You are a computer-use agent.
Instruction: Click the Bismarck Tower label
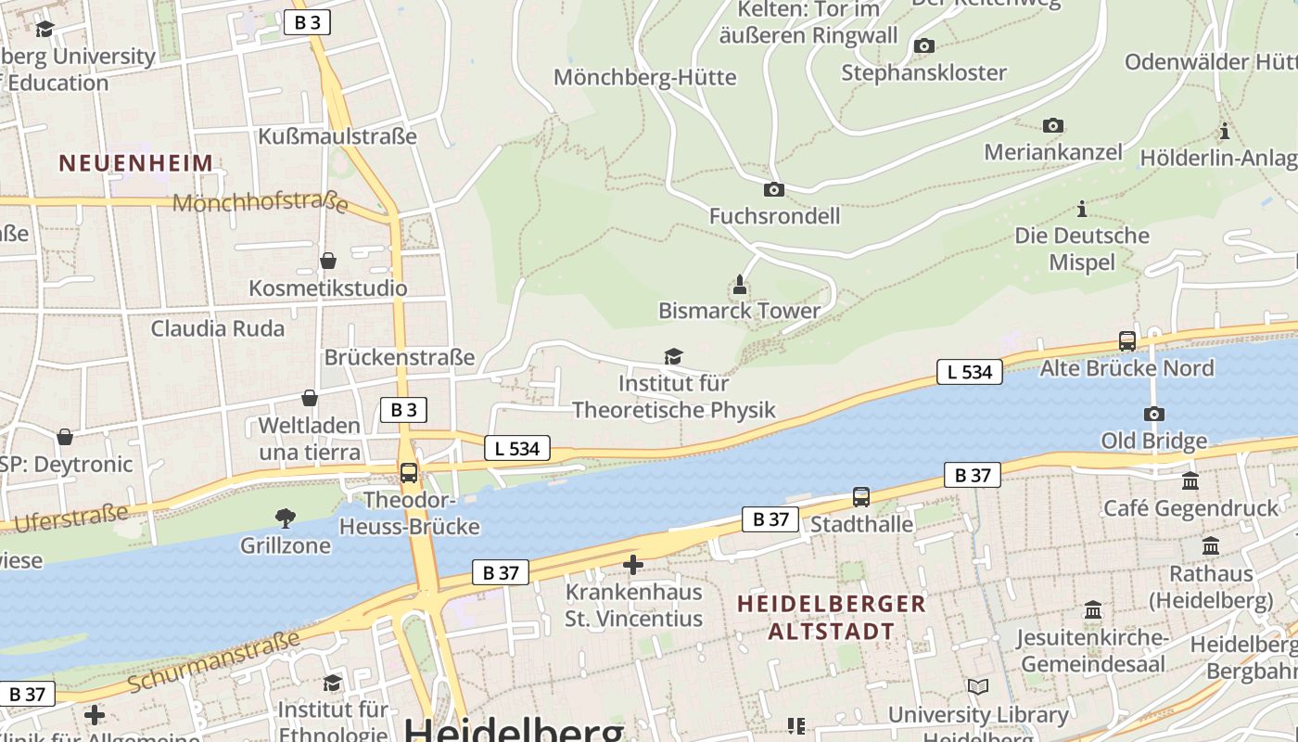coord(739,311)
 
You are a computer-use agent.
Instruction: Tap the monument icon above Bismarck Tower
coord(740,283)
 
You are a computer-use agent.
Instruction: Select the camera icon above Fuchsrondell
coord(773,189)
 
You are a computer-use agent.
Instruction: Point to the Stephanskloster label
coord(923,72)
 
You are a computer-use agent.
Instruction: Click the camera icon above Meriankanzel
coord(1053,125)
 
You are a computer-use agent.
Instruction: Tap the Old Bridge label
coord(1153,441)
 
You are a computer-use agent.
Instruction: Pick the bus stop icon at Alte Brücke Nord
coord(1127,340)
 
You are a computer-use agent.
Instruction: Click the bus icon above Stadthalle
coord(861,497)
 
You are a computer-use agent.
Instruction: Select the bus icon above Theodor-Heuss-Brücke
coord(409,473)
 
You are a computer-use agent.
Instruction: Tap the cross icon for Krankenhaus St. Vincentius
coord(633,564)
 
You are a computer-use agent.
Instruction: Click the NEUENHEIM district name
coord(136,163)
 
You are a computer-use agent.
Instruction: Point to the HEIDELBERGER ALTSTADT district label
coord(831,618)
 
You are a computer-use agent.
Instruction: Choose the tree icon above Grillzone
coord(286,518)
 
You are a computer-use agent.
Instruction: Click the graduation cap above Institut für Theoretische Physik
coord(673,356)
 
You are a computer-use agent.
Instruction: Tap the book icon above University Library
coord(978,687)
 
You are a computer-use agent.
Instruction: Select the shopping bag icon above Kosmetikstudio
coord(327,261)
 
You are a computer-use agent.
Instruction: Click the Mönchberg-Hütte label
coord(644,77)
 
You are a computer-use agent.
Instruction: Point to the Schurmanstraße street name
coord(214,660)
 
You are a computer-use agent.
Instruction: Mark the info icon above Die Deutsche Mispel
coord(1081,209)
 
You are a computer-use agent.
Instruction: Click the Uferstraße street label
coord(70,518)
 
